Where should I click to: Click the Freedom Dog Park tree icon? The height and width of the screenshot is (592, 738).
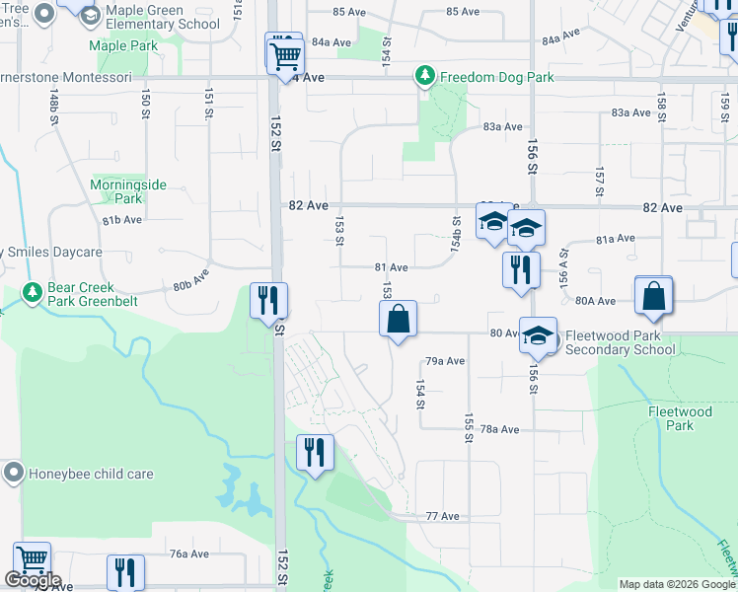coord(425,76)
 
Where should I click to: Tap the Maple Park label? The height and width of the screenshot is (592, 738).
coord(123,45)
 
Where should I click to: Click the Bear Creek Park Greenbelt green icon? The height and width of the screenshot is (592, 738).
coord(32,294)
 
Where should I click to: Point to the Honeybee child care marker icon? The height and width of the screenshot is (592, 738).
coord(14,473)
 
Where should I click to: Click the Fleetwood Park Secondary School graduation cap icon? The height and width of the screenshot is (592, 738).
coord(539,335)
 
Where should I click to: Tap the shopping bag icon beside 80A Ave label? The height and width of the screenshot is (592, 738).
coord(654,295)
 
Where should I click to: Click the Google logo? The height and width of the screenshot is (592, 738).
coord(33,580)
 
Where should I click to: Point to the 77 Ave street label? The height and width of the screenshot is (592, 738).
coord(443,516)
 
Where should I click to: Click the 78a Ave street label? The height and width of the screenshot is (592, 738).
coord(499,429)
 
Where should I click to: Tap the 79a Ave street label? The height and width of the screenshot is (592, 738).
coord(444,361)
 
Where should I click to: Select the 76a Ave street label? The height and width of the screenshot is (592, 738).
coord(189,554)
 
